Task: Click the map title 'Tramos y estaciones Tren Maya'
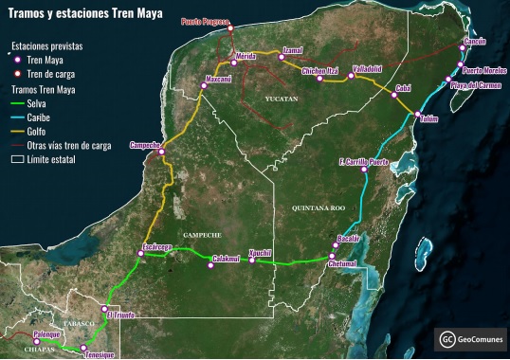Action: coord(84,14)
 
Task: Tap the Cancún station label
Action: coord(474,43)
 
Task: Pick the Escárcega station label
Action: coord(156,246)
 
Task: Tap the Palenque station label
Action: coord(46,334)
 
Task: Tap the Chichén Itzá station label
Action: coord(319,71)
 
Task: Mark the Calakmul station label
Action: coord(226,258)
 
